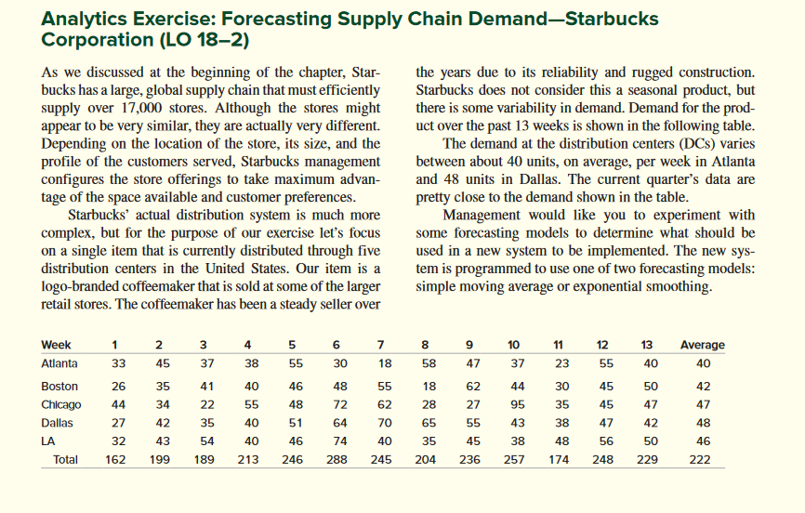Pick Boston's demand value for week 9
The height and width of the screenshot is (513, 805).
coord(472,386)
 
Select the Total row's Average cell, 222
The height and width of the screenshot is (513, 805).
coord(702,460)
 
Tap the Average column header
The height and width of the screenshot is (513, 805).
coord(702,345)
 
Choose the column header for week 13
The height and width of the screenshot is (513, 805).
coord(650,345)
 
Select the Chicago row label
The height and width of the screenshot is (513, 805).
coord(61,405)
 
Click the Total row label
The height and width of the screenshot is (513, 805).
coord(66,460)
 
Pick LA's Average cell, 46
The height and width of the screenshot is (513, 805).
coord(702,442)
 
